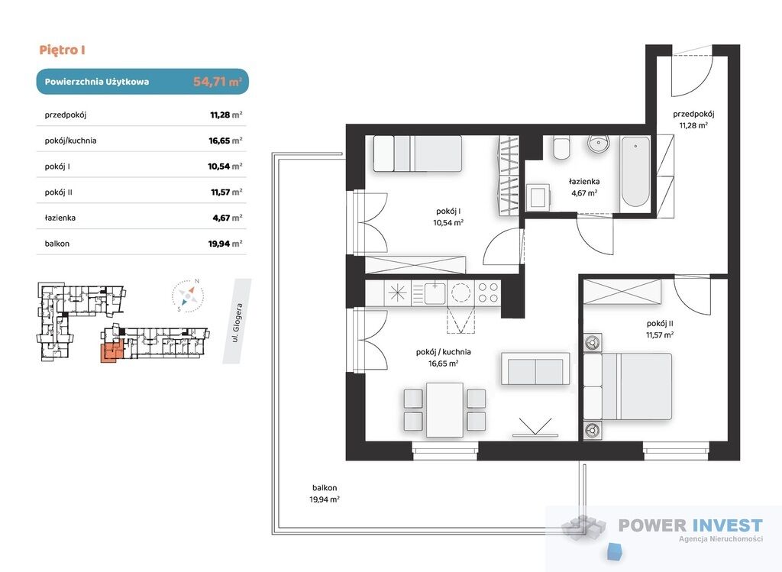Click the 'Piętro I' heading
tap(63, 50)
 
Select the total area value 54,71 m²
tap(218, 81)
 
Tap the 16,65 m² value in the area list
tap(225, 141)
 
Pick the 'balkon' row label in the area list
tap(57, 244)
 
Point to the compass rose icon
tap(188, 296)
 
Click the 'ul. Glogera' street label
tap(238, 322)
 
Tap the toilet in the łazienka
tap(561, 147)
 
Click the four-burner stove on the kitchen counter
tap(487, 292)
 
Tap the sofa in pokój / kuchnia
tap(535, 369)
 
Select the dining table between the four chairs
tap(445, 410)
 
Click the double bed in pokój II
tap(628, 386)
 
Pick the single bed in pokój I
tap(418, 154)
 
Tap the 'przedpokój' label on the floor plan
tap(693, 114)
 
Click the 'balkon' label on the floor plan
tap(325, 488)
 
